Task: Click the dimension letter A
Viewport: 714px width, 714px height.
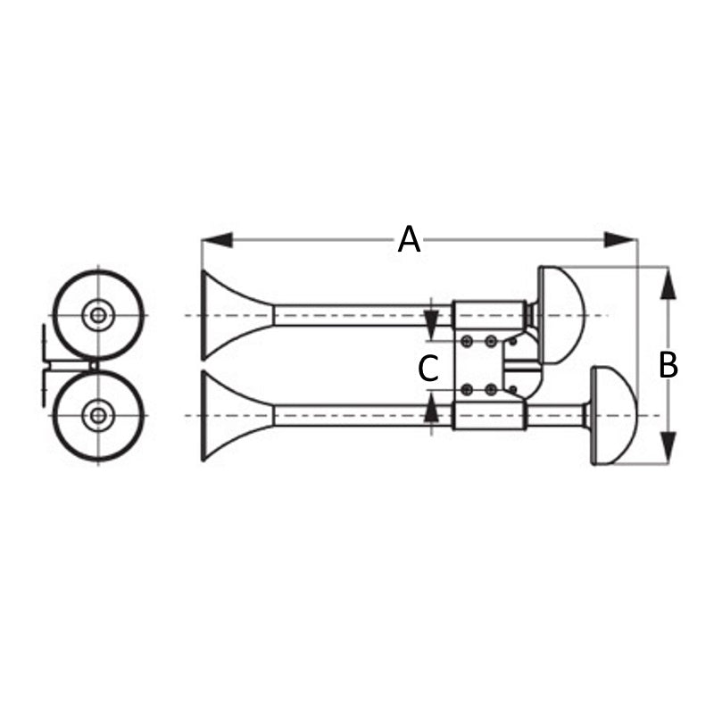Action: pos(409,239)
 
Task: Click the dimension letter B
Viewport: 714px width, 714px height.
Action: pos(668,365)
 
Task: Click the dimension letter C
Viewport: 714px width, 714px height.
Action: pos(429,368)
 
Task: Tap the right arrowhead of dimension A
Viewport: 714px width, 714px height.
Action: pos(620,239)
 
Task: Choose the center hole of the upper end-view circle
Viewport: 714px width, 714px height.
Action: pos(96,314)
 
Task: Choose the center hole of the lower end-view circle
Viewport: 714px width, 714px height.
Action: pos(96,415)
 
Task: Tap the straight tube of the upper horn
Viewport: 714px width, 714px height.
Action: pos(357,315)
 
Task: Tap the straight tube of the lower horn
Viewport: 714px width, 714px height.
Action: pos(357,415)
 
